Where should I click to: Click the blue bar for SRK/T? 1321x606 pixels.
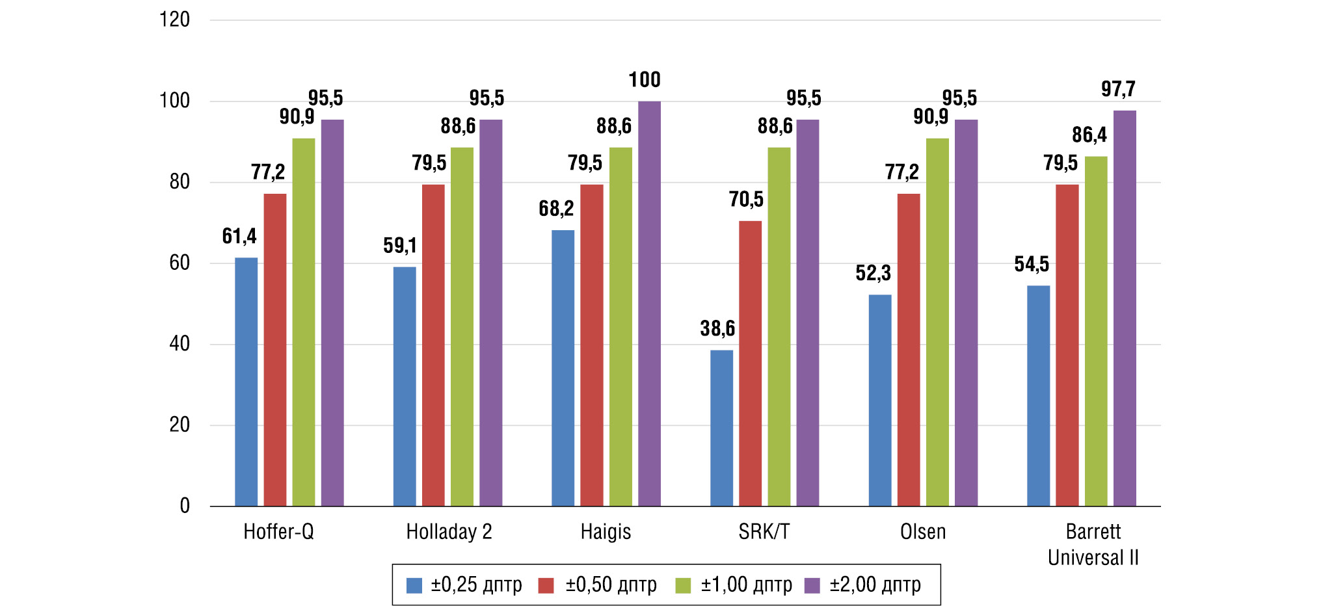(721, 428)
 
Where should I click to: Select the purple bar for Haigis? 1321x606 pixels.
(649, 303)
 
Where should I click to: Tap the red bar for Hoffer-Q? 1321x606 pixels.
(274, 349)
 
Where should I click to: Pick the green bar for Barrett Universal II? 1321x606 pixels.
(1096, 331)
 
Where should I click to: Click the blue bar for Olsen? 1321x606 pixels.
(880, 400)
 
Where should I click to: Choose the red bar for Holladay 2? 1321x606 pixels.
(433, 345)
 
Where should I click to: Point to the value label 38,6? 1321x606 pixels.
(717, 328)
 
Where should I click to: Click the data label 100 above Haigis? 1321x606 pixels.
(644, 80)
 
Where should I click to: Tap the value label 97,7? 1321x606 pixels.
(1118, 89)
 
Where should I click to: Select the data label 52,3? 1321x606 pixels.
(873, 273)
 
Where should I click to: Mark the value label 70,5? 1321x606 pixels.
(746, 200)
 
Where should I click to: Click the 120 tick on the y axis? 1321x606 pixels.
(174, 20)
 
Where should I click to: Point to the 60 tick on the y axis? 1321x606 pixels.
(179, 263)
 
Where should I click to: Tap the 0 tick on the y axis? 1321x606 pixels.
(185, 506)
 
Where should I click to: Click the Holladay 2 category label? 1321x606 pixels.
(449, 532)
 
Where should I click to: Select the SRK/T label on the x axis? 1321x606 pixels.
(764, 532)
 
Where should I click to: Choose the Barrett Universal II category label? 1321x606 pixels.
(1093, 544)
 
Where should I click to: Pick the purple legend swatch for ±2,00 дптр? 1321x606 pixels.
(812, 585)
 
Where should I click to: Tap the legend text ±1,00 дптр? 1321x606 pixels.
(746, 585)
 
